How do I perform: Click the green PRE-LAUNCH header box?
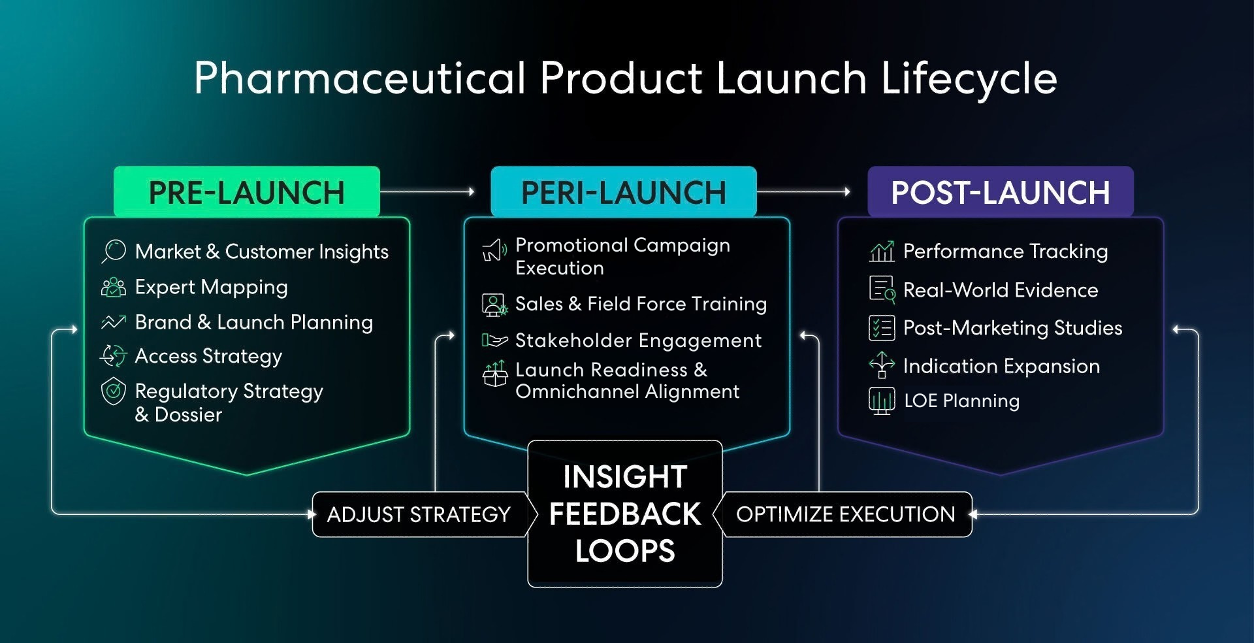click(x=247, y=191)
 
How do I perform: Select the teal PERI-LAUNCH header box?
click(x=624, y=191)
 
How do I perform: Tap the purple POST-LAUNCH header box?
click(x=1001, y=191)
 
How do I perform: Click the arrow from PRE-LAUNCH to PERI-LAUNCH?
click(x=428, y=191)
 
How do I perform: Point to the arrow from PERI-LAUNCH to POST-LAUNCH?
click(x=804, y=191)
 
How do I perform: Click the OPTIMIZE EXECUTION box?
click(x=846, y=514)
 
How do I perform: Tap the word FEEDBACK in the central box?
click(x=625, y=514)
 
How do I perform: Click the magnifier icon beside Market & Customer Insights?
click(x=114, y=252)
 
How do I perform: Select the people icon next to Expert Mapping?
click(x=114, y=287)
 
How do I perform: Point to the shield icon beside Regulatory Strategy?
click(x=114, y=391)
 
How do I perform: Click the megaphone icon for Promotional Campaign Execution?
click(x=494, y=250)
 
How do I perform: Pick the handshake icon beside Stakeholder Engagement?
click(x=494, y=340)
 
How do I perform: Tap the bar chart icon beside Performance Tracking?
click(x=882, y=251)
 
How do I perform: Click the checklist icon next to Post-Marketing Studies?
click(x=882, y=327)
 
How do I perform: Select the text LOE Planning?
click(x=961, y=401)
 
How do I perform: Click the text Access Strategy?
click(x=208, y=357)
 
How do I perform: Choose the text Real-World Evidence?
click(x=1001, y=290)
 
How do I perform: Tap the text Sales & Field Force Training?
click(x=641, y=305)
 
